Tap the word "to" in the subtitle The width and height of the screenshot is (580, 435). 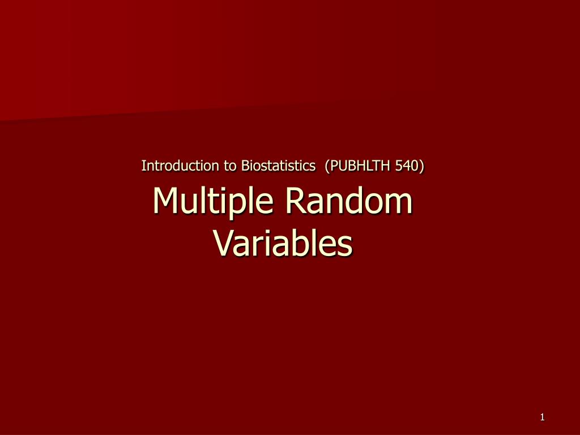(230, 166)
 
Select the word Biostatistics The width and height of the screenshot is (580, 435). (278, 166)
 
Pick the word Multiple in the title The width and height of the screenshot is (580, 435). (213, 202)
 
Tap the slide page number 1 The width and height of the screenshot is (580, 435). (542, 417)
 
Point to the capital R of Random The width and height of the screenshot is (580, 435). (296, 201)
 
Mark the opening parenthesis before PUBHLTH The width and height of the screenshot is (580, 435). (327, 166)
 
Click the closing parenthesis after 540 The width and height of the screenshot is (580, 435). (421, 166)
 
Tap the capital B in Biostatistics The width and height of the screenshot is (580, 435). (245, 166)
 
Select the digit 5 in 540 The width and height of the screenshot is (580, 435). (399, 166)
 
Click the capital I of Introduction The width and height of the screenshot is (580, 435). (143, 166)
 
